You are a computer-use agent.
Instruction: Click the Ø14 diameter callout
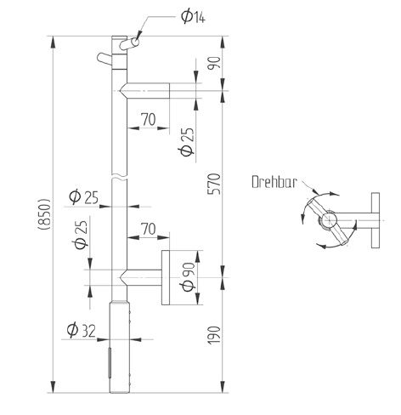(194, 17)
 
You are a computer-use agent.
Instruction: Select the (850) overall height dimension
(44, 213)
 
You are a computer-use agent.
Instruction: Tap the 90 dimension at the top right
(214, 63)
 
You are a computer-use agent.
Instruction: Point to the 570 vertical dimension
(214, 184)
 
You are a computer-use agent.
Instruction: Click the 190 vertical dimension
(214, 335)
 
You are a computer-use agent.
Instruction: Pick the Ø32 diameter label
(82, 331)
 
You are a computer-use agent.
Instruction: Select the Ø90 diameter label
(189, 277)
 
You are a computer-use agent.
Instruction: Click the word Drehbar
(274, 182)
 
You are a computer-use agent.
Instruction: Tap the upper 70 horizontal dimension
(149, 119)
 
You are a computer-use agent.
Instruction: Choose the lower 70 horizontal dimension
(149, 229)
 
